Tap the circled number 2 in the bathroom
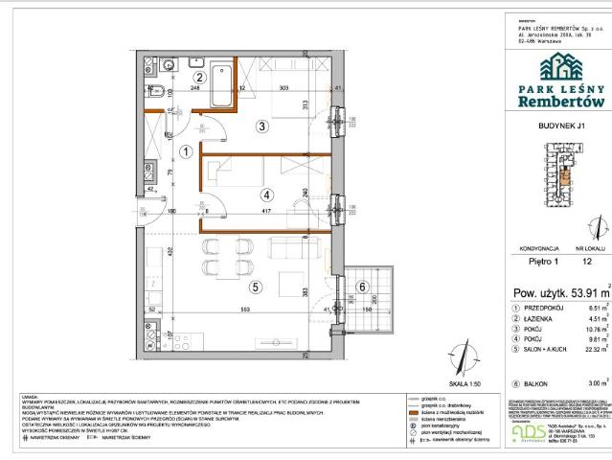[x=200, y=78]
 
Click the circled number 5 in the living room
[x=255, y=285]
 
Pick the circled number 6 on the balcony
[x=362, y=286]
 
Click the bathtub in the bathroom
[x=222, y=84]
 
